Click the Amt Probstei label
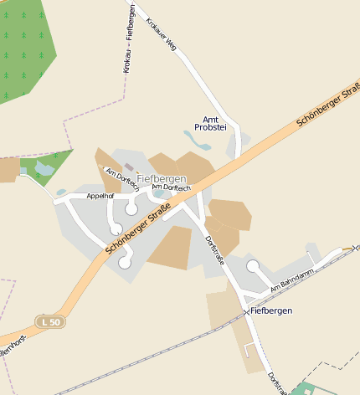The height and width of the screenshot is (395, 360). [x=210, y=122]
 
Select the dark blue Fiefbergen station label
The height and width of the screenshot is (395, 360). [x=271, y=311]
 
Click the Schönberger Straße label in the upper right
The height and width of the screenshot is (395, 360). [x=327, y=104]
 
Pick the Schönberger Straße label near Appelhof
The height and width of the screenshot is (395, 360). [x=132, y=233]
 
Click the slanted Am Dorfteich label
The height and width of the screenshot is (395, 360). [x=122, y=179]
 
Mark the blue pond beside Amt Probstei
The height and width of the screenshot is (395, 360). [x=193, y=138]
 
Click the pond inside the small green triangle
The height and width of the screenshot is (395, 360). [x=44, y=170]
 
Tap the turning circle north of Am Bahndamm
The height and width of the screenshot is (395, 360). [x=253, y=265]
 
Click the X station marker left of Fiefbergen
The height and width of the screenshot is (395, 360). [x=246, y=311]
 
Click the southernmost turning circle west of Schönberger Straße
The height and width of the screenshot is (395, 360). [x=125, y=262]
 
